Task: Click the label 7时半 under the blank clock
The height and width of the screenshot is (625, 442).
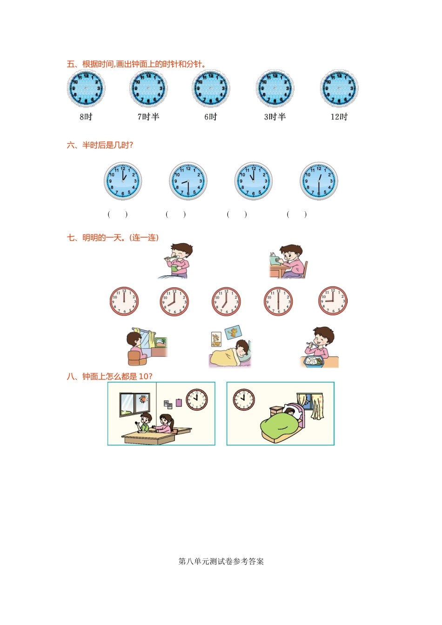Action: (x=148, y=117)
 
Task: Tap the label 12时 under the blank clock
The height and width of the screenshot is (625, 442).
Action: (x=339, y=117)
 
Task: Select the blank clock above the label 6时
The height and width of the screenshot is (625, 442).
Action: (x=211, y=88)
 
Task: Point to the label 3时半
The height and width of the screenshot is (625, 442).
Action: (x=275, y=117)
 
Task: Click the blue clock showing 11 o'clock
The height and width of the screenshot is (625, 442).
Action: (x=253, y=181)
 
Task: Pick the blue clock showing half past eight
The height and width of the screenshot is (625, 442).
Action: (x=188, y=181)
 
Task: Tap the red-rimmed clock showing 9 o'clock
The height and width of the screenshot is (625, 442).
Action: (x=333, y=301)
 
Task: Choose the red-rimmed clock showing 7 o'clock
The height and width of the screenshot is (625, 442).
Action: (x=226, y=301)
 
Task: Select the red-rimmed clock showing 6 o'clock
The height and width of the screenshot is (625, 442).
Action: (x=278, y=301)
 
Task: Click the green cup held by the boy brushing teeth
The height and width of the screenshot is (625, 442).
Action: (x=174, y=268)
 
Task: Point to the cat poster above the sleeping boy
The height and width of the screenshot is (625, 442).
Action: (x=233, y=332)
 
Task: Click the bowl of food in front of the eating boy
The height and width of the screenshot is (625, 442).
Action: (x=314, y=361)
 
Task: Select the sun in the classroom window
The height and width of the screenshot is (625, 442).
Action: (x=143, y=399)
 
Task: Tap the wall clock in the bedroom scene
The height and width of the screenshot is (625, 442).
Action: (x=244, y=399)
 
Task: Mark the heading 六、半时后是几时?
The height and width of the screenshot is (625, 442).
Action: (x=100, y=145)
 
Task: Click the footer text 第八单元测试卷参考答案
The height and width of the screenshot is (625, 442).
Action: (x=221, y=561)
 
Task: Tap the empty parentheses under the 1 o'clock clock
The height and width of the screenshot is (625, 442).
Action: (x=118, y=214)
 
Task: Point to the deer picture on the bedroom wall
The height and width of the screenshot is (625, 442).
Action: (x=216, y=339)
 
